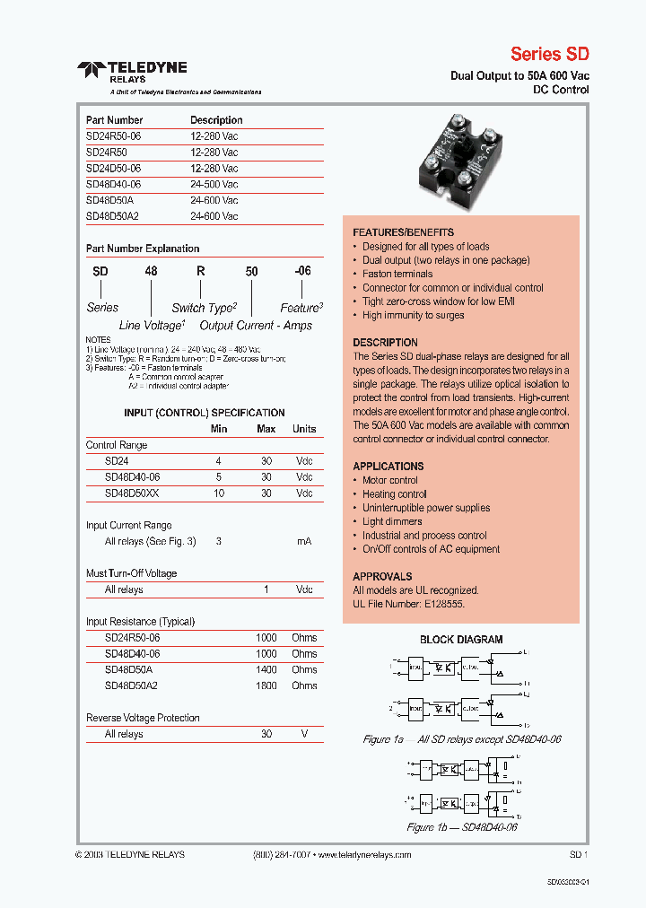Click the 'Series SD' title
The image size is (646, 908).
coord(549,54)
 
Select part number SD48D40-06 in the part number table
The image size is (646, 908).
coord(113,184)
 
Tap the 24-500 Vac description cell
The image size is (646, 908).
coord(214,184)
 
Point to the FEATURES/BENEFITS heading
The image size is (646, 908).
coord(403,232)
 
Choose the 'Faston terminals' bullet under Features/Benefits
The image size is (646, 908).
coord(397,274)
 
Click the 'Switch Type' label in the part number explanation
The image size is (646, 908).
coord(204,308)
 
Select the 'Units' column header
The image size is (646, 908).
coord(304,429)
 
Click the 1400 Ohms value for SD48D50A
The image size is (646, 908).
coord(266,669)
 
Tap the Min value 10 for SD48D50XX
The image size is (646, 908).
coord(218,493)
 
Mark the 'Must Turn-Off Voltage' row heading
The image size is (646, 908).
coord(131,573)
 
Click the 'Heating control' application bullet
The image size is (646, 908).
coord(394,494)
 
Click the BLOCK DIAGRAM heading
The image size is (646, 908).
coord(461,640)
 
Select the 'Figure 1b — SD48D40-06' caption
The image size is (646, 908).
coord(462,827)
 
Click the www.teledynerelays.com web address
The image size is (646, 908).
coord(363,855)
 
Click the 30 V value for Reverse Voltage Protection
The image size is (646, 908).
coord(266,734)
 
